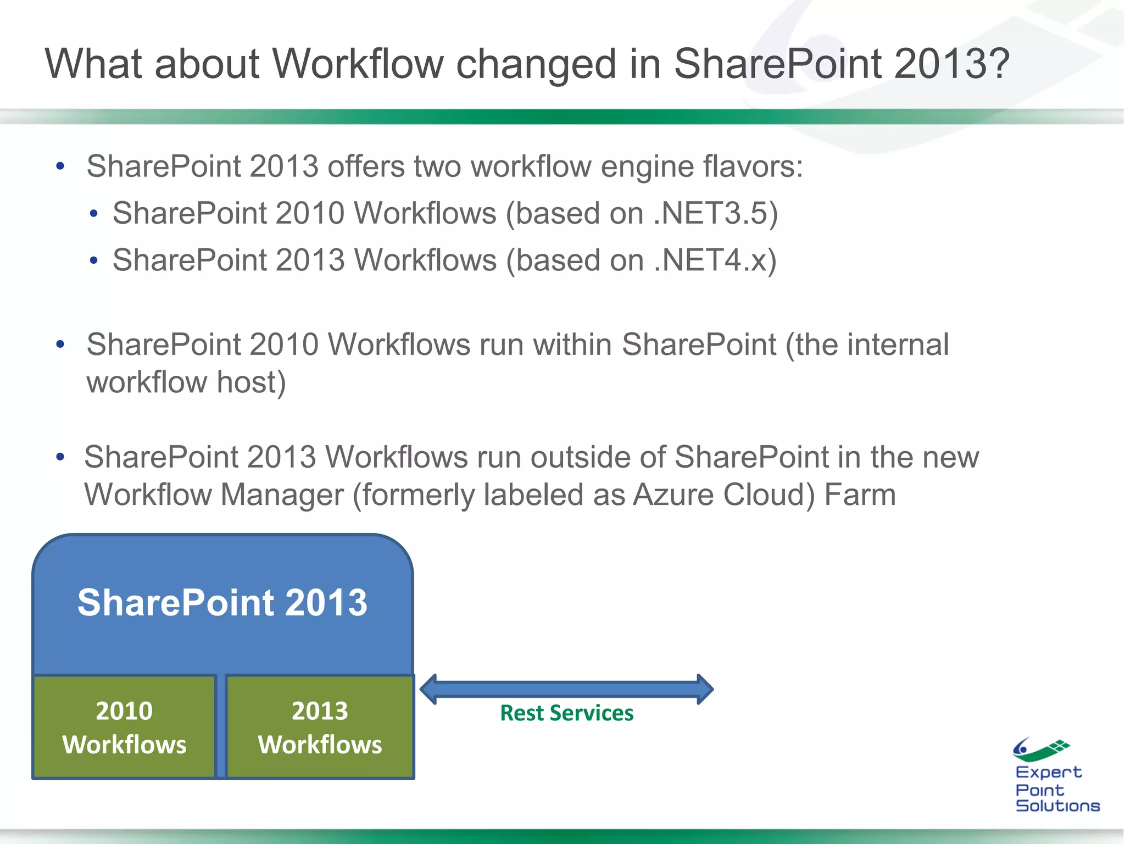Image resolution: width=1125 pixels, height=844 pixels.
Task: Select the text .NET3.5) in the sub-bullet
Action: pos(716,213)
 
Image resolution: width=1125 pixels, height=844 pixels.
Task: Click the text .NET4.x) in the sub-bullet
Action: pos(715,260)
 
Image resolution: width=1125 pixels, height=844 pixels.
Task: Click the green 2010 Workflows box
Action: pos(125,727)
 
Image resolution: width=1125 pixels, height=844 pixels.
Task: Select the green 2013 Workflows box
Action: pos(320,727)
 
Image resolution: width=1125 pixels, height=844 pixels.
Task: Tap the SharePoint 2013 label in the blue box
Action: pos(222,602)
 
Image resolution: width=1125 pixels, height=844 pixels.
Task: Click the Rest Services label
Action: pos(566,713)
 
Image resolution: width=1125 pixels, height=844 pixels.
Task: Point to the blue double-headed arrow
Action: pos(566,689)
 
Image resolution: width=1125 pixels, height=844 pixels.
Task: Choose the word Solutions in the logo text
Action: pos(1057,806)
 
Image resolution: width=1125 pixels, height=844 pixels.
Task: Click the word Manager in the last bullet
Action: pos(282,495)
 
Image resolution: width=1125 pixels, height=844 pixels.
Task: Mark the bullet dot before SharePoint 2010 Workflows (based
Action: pos(94,214)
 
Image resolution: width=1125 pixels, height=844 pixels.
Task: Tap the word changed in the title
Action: pos(536,64)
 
